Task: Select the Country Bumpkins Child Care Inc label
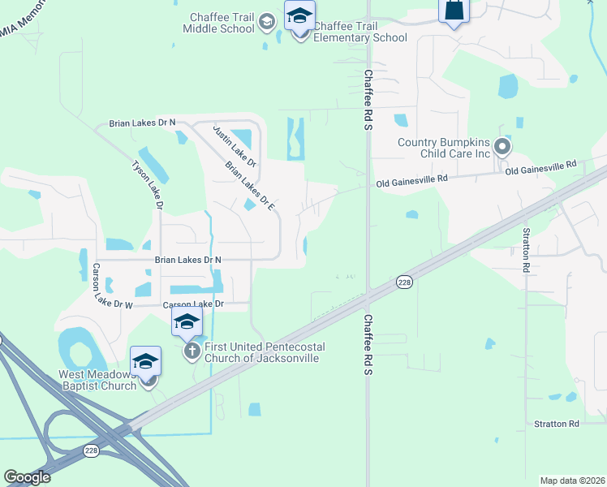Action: click(x=446, y=148)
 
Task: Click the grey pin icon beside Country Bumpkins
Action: click(x=502, y=148)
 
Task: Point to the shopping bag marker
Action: click(x=454, y=11)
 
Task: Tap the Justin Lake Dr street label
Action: click(x=235, y=146)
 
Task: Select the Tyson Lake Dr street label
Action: click(x=148, y=186)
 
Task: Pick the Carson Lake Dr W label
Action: click(x=111, y=287)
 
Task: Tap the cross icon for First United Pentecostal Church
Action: click(x=192, y=351)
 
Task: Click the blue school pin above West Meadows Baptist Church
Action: click(x=145, y=360)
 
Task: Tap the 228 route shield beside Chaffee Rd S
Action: click(x=404, y=282)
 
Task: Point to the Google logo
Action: click(x=27, y=477)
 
